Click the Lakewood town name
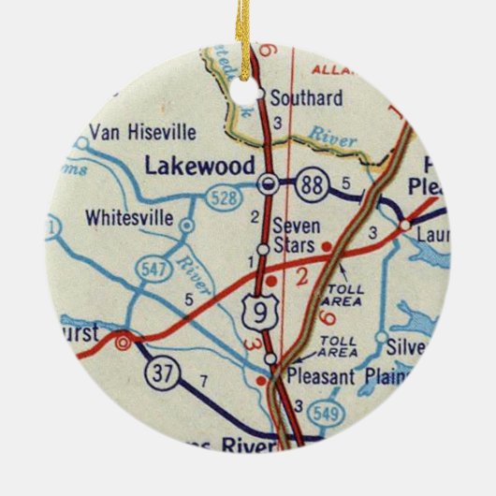(x=199, y=166)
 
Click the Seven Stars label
(x=297, y=234)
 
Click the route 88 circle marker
(x=311, y=185)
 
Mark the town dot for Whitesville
(x=187, y=226)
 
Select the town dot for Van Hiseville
(x=81, y=144)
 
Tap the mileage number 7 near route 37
(x=204, y=381)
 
